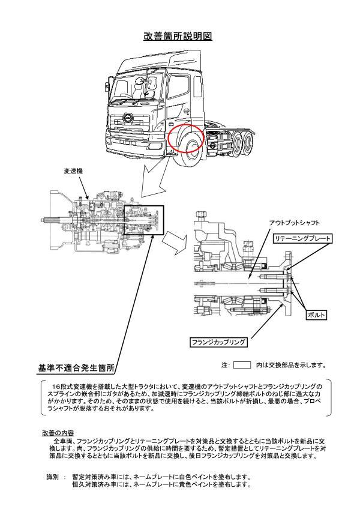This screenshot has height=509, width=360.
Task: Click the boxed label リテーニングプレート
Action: pos(302,239)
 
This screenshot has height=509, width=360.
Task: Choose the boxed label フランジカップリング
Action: pos(219,342)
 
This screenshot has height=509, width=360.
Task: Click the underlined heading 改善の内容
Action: pos(58,432)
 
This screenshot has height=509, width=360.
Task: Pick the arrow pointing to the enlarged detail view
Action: pos(175,240)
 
